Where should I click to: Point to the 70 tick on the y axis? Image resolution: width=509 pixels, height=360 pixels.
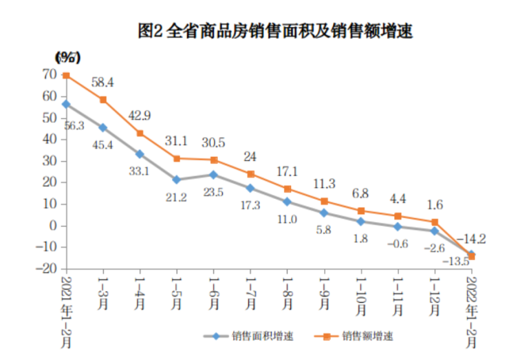48,74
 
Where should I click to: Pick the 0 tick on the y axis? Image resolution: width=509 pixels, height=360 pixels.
52,225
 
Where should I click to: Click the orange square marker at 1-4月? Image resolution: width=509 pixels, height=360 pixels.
140,134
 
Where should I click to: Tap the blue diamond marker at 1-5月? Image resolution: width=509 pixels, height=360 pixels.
177,180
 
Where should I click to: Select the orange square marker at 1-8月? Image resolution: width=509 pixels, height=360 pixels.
288,189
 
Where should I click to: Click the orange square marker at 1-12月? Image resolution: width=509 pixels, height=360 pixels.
435,222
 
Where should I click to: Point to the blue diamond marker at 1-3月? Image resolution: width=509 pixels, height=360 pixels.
103,127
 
